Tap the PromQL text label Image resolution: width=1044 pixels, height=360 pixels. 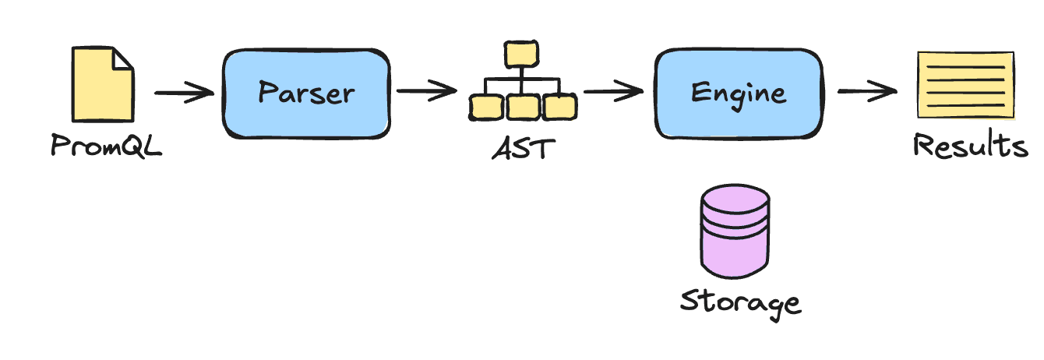pyautogui.click(x=106, y=146)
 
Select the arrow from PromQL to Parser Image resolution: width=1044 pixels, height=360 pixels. pyautogui.click(x=184, y=94)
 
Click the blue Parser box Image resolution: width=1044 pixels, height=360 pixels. pyautogui.click(x=306, y=94)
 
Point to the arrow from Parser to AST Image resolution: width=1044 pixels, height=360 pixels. pyautogui.click(x=426, y=91)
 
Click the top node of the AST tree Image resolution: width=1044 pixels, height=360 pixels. pyautogui.click(x=521, y=55)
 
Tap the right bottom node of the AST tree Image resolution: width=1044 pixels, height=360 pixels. pyautogui.click(x=559, y=108)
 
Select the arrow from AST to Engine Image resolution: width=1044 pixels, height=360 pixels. pyautogui.click(x=614, y=91)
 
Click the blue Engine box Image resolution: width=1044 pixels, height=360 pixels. pyautogui.click(x=738, y=94)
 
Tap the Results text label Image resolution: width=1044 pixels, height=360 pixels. pyautogui.click(x=970, y=146)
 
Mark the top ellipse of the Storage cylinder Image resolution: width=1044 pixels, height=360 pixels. pyautogui.click(x=735, y=199)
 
